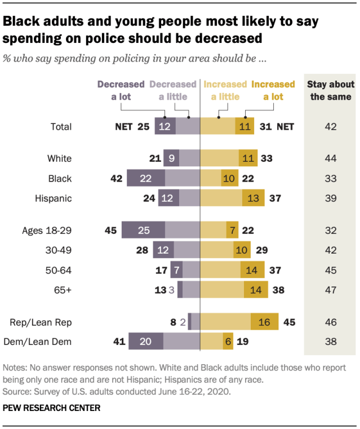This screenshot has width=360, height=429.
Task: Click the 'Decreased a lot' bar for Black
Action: [x=146, y=178]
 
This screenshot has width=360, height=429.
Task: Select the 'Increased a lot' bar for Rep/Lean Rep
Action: [x=265, y=322]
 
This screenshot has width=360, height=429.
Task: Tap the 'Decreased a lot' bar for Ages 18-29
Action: [x=143, y=230]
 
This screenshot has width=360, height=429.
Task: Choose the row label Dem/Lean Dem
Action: [x=41, y=342]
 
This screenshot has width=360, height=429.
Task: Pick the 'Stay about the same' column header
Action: [x=331, y=90]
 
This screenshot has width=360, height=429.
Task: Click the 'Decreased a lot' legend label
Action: [x=122, y=90]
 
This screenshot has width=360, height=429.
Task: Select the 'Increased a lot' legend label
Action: [x=273, y=90]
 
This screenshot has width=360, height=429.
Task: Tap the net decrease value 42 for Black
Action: [x=116, y=178]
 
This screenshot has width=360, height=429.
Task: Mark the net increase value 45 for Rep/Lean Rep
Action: [x=290, y=322]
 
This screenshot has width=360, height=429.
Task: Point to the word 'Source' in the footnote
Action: [x=16, y=390]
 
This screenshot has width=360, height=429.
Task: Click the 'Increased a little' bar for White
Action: [x=220, y=158]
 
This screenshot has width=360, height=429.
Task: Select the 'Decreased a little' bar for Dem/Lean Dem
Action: [x=181, y=342]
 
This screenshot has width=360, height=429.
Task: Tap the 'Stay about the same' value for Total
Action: [x=330, y=126]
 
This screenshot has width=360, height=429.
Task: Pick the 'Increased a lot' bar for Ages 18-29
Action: [x=232, y=230]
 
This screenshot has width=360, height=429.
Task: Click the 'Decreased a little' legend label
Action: [x=173, y=90]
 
